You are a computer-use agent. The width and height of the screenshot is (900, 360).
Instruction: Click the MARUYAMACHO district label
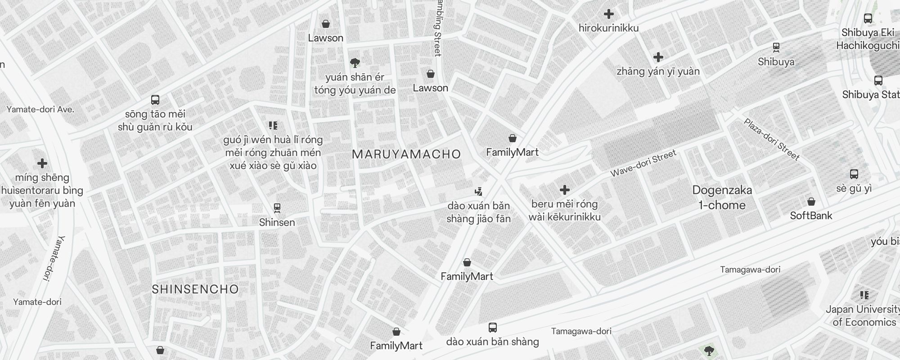pos(406,154)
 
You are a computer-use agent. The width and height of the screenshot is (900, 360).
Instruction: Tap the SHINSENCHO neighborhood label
pos(195,289)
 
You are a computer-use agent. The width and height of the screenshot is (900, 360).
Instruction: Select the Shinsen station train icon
pos(277,208)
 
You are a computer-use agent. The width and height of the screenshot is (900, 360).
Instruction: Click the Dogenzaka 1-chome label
pos(722,198)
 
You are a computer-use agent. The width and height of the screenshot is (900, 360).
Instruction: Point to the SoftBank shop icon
pos(811,201)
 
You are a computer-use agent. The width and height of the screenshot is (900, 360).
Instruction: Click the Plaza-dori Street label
pos(771,139)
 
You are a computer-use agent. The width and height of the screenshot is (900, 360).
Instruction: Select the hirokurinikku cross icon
pos(609,14)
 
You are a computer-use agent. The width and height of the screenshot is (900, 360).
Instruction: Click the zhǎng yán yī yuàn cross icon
pos(658,57)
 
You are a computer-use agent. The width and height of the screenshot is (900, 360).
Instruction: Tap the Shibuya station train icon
pos(776,47)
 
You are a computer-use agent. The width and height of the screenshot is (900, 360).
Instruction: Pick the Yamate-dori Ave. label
pos(40,109)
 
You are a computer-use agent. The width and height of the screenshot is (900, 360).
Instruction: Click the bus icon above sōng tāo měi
pos(155,99)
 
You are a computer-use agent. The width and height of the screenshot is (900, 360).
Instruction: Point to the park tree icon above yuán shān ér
pos(355,63)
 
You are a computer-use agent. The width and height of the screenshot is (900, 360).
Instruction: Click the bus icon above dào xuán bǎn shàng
pos(493,327)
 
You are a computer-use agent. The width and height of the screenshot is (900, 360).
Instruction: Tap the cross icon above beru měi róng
pos(565,190)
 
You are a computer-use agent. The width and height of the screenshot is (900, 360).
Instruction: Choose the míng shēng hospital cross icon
pos(42,163)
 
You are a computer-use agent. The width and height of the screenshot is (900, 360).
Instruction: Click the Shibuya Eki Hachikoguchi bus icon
pos(868,18)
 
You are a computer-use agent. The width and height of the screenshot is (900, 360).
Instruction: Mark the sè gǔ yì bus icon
pos(854,174)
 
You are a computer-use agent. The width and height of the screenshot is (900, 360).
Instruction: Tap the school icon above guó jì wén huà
pos(273,125)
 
